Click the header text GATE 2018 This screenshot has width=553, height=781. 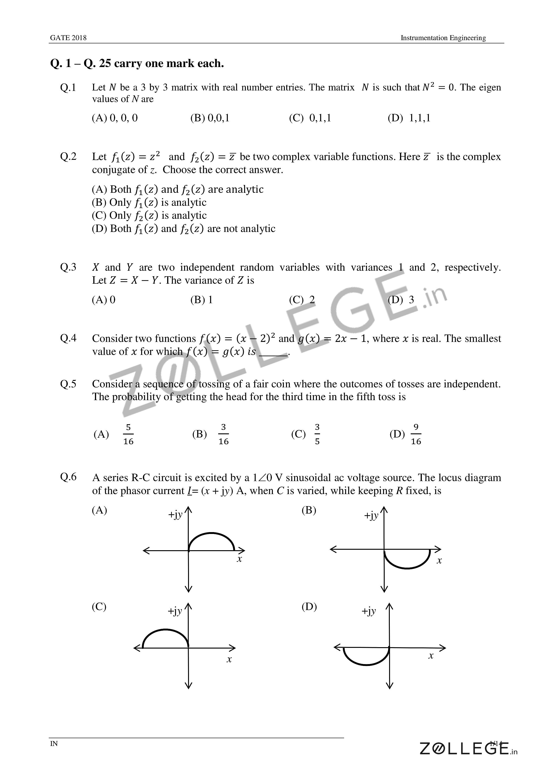pos(68,38)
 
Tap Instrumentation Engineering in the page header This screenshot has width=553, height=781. pos(443,38)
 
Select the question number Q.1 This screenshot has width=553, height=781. pos(68,88)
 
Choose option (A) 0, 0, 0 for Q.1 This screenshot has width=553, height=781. pos(115,118)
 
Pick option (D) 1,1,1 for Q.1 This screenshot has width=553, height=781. pos(409,118)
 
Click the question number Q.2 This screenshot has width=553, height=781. pos(68,157)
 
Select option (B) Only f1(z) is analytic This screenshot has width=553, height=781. pos(149,202)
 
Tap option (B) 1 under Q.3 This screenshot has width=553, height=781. pos(202,300)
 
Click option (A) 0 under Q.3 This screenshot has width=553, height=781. pos(104,300)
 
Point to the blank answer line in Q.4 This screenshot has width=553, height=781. pos(273,354)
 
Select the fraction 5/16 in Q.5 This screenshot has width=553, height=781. pos(128,434)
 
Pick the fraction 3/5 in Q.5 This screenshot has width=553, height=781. pos(317,434)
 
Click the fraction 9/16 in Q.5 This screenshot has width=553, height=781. pos(416,434)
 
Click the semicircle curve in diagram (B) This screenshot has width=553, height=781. pos(407,568)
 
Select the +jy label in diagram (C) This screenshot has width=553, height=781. pos(175,611)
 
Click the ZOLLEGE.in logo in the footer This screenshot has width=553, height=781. pos(468,749)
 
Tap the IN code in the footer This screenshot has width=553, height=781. pos(54,744)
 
